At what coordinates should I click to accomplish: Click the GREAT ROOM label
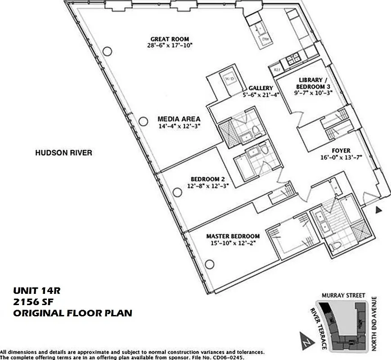(170, 39)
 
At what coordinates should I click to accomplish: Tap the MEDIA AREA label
(179, 119)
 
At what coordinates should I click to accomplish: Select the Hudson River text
(63, 153)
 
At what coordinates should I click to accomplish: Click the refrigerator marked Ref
(275, 70)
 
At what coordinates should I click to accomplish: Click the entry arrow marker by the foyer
(379, 209)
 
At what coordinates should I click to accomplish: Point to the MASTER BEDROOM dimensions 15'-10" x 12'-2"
(233, 243)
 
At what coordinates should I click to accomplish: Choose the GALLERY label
(261, 88)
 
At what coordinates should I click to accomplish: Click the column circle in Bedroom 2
(177, 193)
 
